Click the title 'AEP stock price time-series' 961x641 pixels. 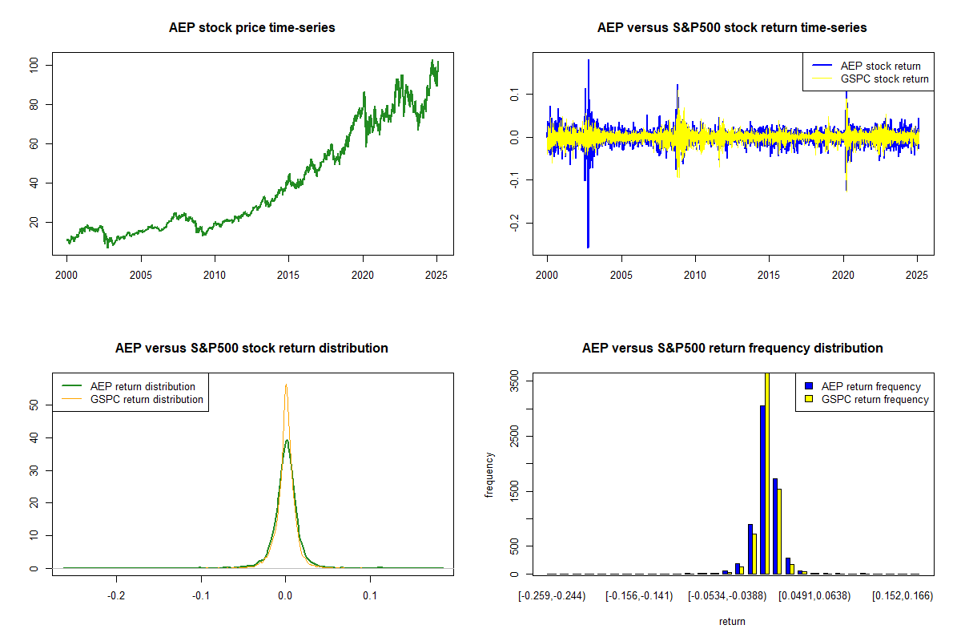point(251,28)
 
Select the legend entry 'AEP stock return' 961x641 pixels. point(880,66)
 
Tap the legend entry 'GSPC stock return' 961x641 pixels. point(884,79)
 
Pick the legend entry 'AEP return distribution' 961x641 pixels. point(143,386)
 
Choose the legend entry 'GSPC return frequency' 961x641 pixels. point(875,399)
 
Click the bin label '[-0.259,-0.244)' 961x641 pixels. point(552,596)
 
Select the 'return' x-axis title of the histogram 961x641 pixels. point(732,621)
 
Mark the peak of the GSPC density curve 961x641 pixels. point(285,385)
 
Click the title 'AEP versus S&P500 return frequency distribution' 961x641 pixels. point(732,349)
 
